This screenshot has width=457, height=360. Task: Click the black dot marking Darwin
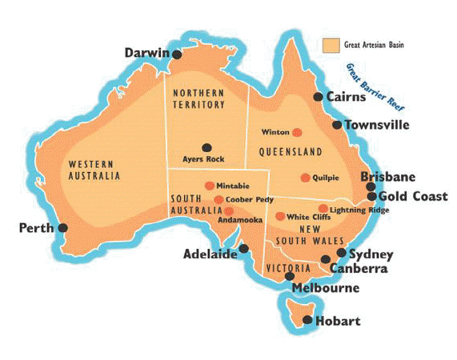pyautogui.click(x=178, y=54)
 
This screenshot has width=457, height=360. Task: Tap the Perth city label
pyautogui.click(x=35, y=228)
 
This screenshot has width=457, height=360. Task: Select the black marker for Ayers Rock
pyautogui.click(x=206, y=147)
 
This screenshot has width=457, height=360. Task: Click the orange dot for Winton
pyautogui.click(x=297, y=132)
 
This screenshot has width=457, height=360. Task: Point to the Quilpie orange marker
pyautogui.click(x=305, y=178)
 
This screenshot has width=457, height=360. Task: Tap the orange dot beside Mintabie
pyautogui.click(x=210, y=186)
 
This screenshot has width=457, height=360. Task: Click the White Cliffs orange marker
pyautogui.click(x=280, y=216)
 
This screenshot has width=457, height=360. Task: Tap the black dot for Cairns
pyautogui.click(x=318, y=97)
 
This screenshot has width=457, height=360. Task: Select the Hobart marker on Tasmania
pyautogui.click(x=307, y=321)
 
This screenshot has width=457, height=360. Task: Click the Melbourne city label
pyautogui.click(x=326, y=288)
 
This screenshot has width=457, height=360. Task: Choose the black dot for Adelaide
pyautogui.click(x=244, y=248)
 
